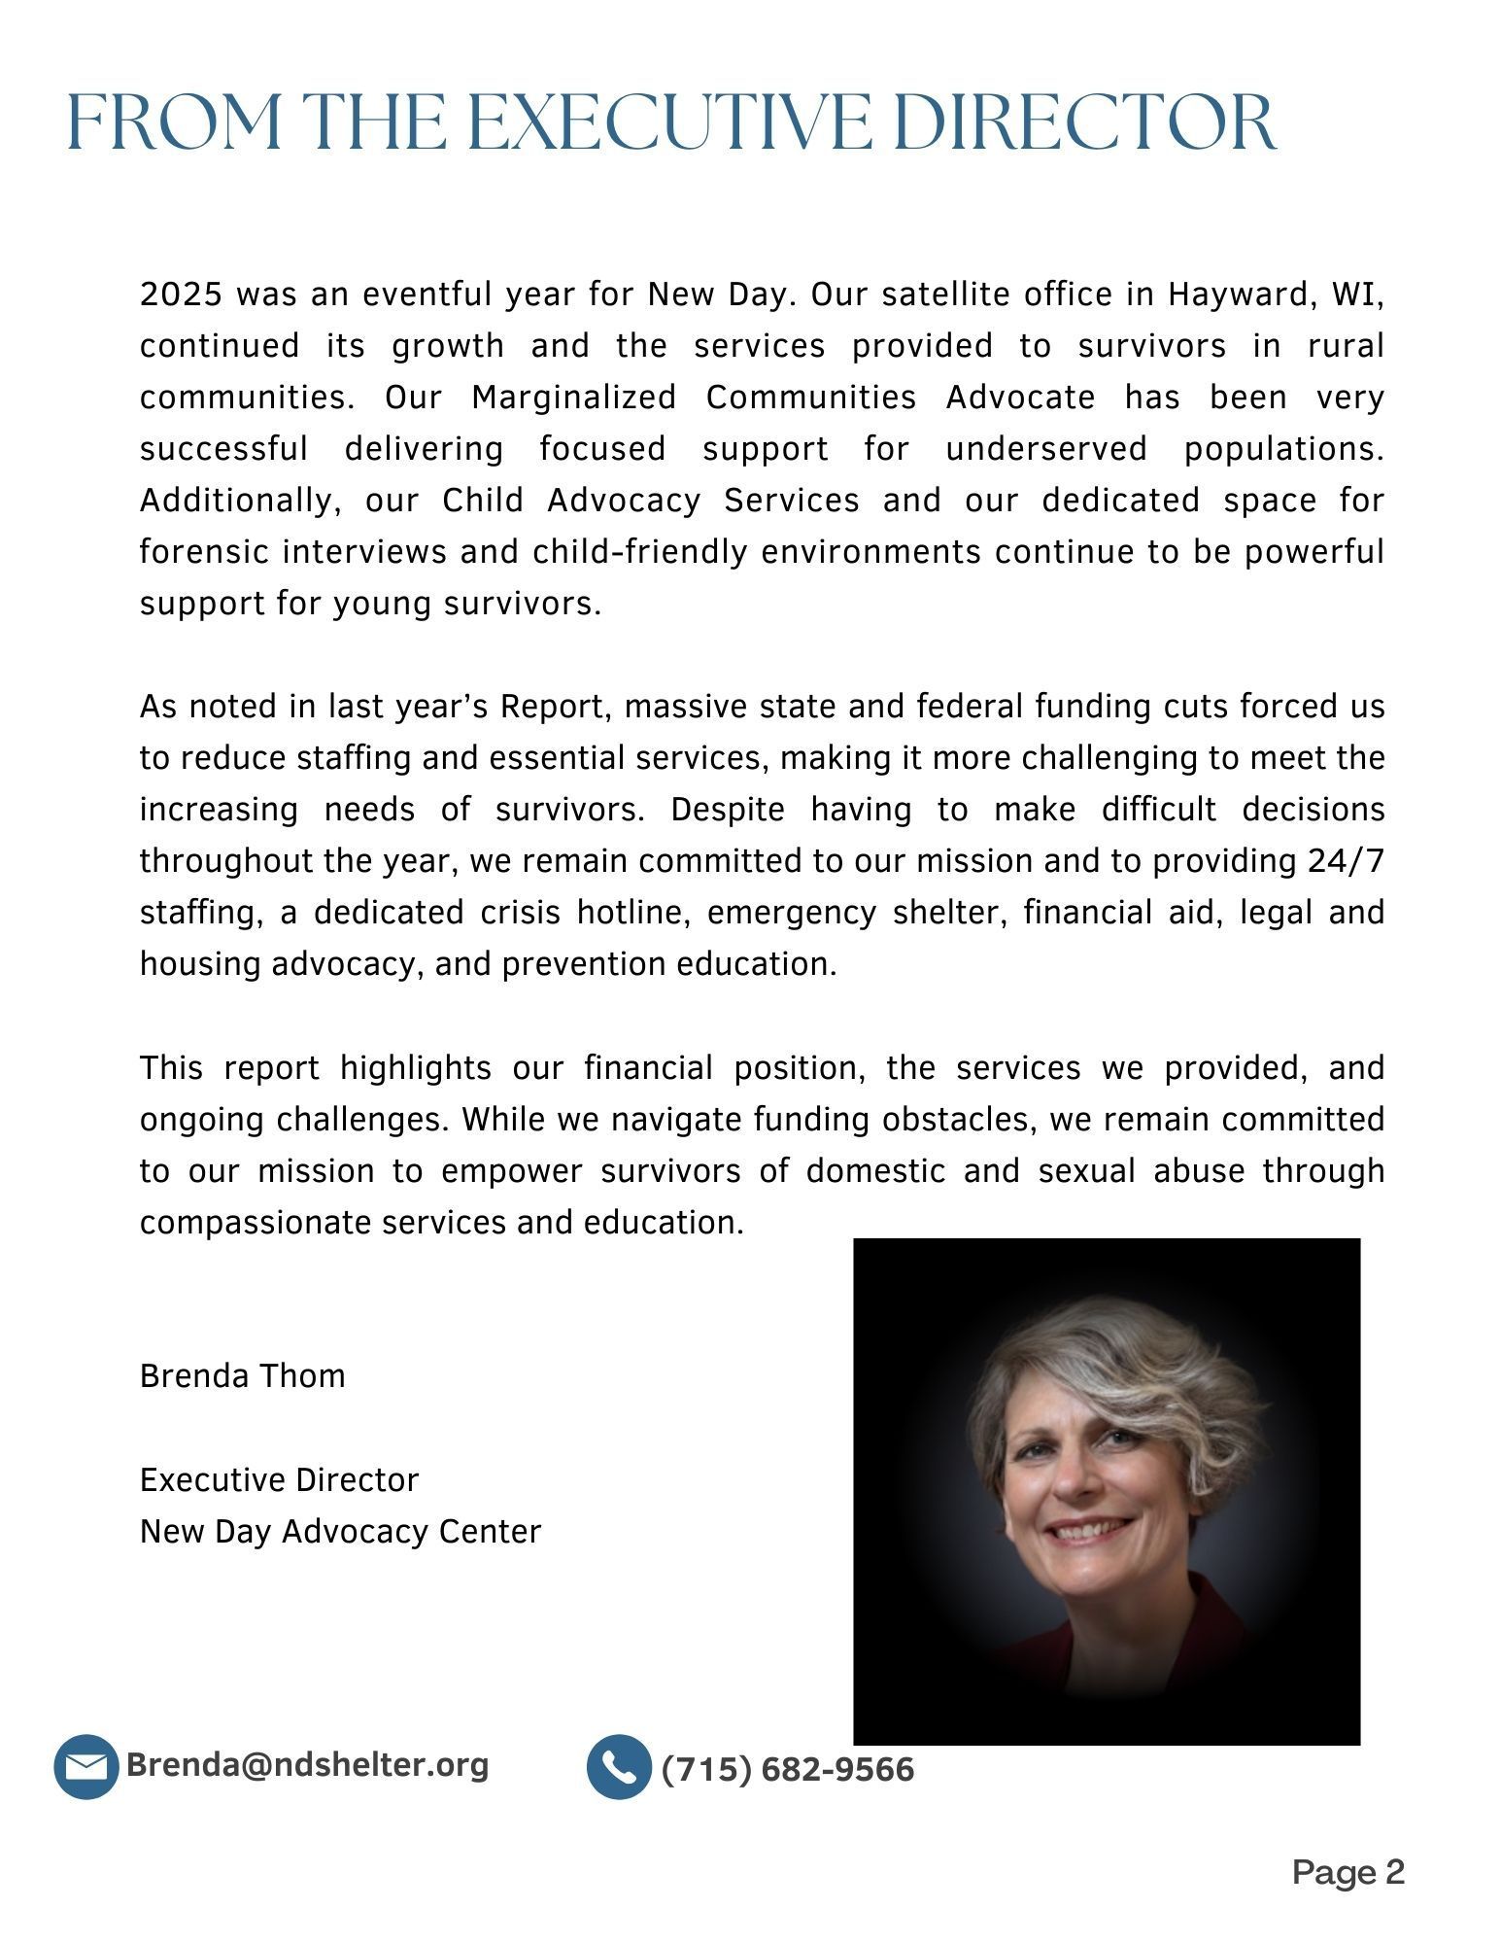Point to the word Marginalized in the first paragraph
[x=573, y=398]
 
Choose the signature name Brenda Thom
[x=243, y=1376]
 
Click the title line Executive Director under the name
[x=279, y=1479]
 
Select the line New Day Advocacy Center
[x=340, y=1531]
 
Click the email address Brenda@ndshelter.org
[x=307, y=1764]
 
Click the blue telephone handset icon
[x=619, y=1766]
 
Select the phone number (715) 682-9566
[x=788, y=1769]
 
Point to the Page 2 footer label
[x=1348, y=1871]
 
